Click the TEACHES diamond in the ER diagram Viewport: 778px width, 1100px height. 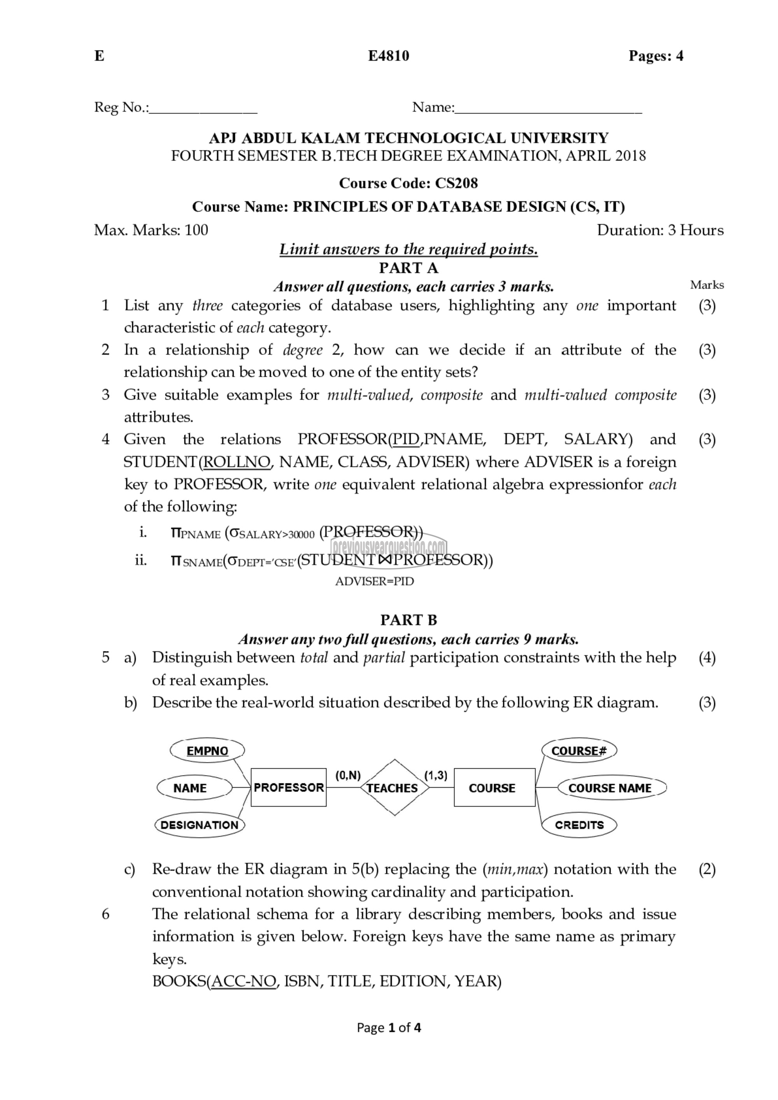click(x=394, y=788)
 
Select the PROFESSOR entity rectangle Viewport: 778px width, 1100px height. click(x=288, y=788)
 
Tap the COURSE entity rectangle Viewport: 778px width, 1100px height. click(x=494, y=788)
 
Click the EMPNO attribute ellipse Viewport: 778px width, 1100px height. click(x=207, y=751)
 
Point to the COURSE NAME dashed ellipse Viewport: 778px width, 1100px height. click(x=610, y=788)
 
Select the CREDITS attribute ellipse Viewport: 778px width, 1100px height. click(x=579, y=825)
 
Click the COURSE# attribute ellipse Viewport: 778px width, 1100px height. click(x=579, y=751)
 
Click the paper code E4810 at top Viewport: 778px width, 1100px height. click(x=389, y=56)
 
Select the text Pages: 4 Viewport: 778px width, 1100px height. click(x=656, y=56)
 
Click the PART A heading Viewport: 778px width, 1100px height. click(x=408, y=268)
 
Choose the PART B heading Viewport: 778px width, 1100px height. click(x=408, y=620)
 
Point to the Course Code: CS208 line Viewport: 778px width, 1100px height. click(x=408, y=183)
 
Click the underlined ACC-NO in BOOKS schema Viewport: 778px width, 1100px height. click(x=244, y=981)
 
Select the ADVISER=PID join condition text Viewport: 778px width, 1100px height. click(x=374, y=581)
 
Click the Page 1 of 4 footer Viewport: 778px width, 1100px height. click(x=389, y=1027)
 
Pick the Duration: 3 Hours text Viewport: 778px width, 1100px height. click(x=660, y=230)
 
